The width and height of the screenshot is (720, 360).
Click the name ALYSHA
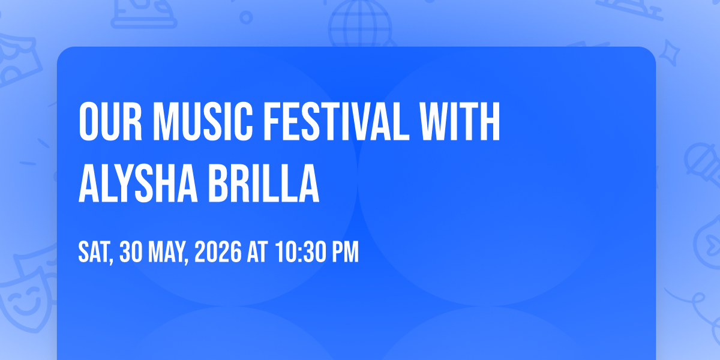pyautogui.click(x=137, y=184)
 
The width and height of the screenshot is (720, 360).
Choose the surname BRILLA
pyautogui.click(x=264, y=184)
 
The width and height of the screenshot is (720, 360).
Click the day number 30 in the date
pyautogui.click(x=131, y=252)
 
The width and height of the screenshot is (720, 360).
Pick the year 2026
pyautogui.click(x=218, y=252)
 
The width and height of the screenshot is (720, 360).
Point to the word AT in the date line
pyautogui.click(x=257, y=252)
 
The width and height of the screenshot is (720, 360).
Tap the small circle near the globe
pyautogui.click(x=246, y=17)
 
